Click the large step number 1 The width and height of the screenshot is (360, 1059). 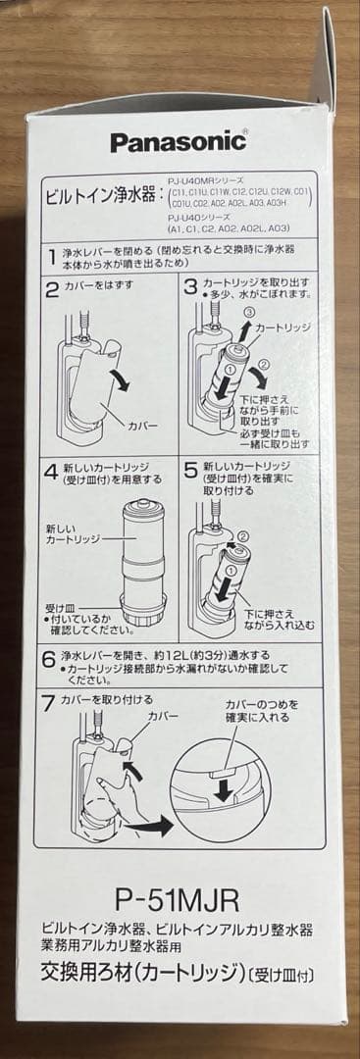tap(51, 258)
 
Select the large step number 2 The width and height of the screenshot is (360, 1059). tap(52, 288)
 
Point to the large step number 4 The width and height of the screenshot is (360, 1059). tap(52, 471)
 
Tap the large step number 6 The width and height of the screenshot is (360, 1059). tap(50, 656)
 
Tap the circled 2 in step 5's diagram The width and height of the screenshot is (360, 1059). tap(242, 535)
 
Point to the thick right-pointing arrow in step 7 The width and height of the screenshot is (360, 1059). tap(152, 827)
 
